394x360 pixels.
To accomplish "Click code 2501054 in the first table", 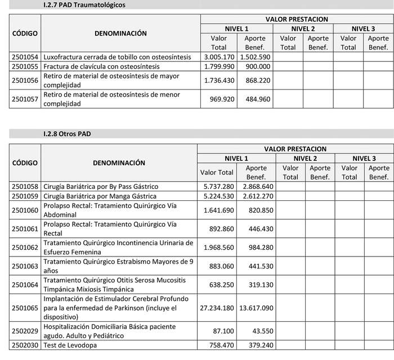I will point(25,57).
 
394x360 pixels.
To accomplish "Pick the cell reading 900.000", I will point(257,66).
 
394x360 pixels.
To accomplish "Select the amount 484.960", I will point(257,99).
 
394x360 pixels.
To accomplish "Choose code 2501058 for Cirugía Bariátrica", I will point(25,186).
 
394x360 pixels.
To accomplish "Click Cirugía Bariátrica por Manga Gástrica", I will point(100,196).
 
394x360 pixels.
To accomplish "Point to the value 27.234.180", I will point(218,308).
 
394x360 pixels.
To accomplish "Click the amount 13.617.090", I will point(256,308).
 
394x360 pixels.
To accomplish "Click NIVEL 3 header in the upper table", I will point(363,29).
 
